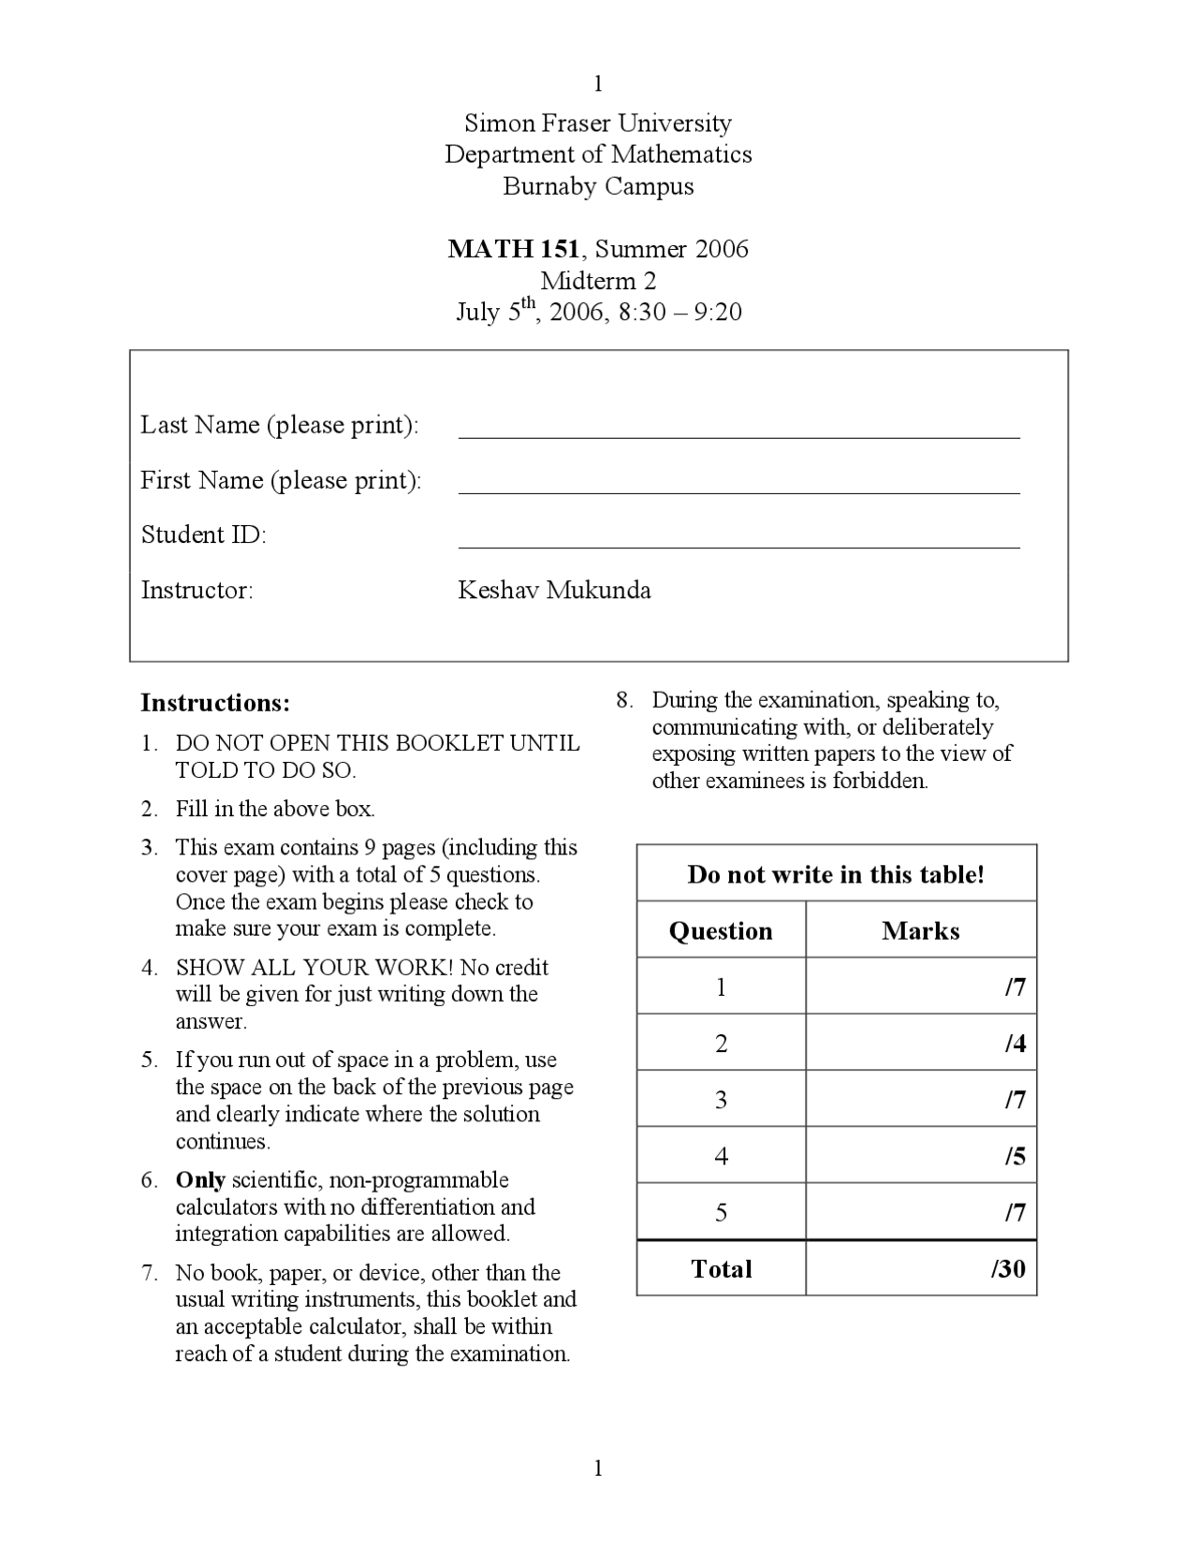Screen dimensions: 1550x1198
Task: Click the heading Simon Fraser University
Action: coord(598,123)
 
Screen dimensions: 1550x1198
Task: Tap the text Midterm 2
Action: coord(598,280)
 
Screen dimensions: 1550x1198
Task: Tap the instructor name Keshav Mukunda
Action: coord(554,591)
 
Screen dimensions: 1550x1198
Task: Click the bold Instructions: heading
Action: coord(215,703)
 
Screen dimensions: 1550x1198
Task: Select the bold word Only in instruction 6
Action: coord(200,1180)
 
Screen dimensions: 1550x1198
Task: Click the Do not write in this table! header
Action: coord(836,874)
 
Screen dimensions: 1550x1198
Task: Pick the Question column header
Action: coord(721,930)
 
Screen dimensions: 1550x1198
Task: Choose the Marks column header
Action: coord(920,930)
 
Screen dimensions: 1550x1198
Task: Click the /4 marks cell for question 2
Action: coord(1015,1044)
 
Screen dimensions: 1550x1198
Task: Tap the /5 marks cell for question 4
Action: coord(1015,1157)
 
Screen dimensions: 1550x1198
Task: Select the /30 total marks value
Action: coord(1008,1269)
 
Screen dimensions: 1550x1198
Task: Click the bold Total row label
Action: coord(721,1269)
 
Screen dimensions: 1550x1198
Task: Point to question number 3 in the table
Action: coord(721,1100)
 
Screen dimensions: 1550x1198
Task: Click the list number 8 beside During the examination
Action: coord(623,700)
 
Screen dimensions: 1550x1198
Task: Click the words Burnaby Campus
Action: coord(598,186)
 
